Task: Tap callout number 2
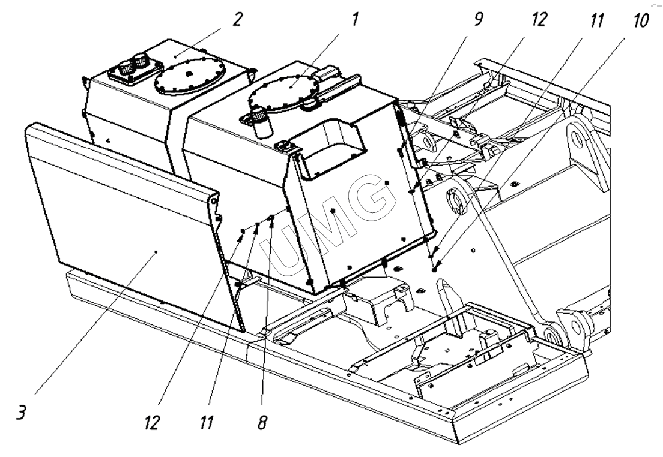238,19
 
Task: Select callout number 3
21,412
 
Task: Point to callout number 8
262,422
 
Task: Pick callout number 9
478,19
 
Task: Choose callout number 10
640,20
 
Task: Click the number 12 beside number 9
539,19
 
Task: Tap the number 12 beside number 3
151,422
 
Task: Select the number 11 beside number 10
596,20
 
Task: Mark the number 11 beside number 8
207,422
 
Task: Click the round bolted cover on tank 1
284,93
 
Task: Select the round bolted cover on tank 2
189,76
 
